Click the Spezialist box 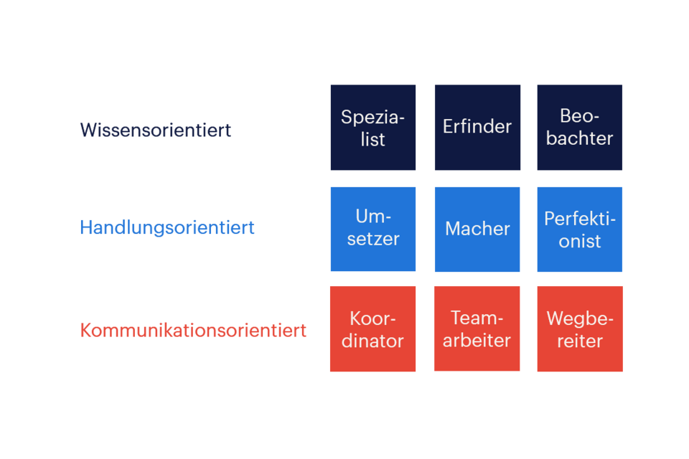click(373, 128)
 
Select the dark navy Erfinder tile click(477, 128)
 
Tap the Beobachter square click(580, 128)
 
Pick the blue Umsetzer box click(373, 229)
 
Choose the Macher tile click(477, 229)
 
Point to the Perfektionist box click(580, 229)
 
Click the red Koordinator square click(373, 329)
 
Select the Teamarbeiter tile click(477, 329)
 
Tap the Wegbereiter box click(580, 329)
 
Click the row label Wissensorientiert click(156, 131)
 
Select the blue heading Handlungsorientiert click(167, 228)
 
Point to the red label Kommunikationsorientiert click(193, 330)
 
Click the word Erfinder click(477, 126)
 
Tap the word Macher click(477, 229)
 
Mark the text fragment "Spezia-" click(373, 117)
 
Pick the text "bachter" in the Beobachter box click(580, 138)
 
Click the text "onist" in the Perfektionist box click(580, 241)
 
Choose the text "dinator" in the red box click(373, 341)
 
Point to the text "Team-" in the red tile click(477, 318)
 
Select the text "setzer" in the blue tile click(373, 240)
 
